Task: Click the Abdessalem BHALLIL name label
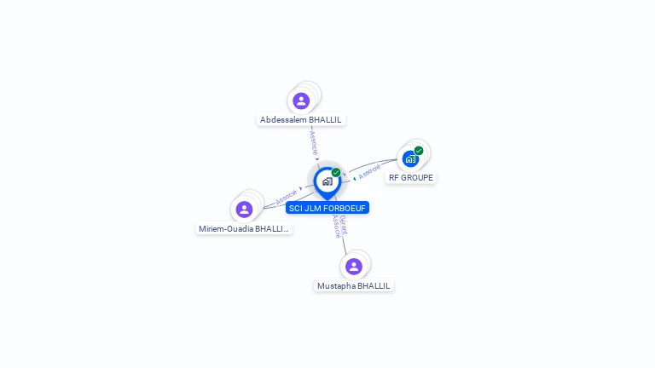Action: coord(300,120)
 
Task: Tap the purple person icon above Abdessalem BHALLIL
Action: coord(301,101)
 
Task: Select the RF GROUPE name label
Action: coord(411,178)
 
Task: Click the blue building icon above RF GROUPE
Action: coord(410,159)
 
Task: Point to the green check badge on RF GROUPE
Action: coord(419,151)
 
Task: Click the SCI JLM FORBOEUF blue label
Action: coord(327,208)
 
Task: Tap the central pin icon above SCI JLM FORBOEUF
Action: coord(327,181)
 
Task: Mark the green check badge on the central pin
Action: coord(336,172)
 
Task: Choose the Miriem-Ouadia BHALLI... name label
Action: coord(244,228)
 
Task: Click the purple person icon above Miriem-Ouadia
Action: coord(245,210)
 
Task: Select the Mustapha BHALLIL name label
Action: coord(354,286)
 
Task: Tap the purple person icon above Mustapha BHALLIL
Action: coord(354,267)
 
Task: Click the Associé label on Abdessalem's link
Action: coord(313,141)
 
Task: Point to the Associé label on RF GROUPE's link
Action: coord(368,173)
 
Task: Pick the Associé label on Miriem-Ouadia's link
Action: coord(287,197)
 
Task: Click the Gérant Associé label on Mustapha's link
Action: coord(339,226)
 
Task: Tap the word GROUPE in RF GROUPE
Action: coord(418,178)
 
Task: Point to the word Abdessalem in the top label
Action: coord(283,120)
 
